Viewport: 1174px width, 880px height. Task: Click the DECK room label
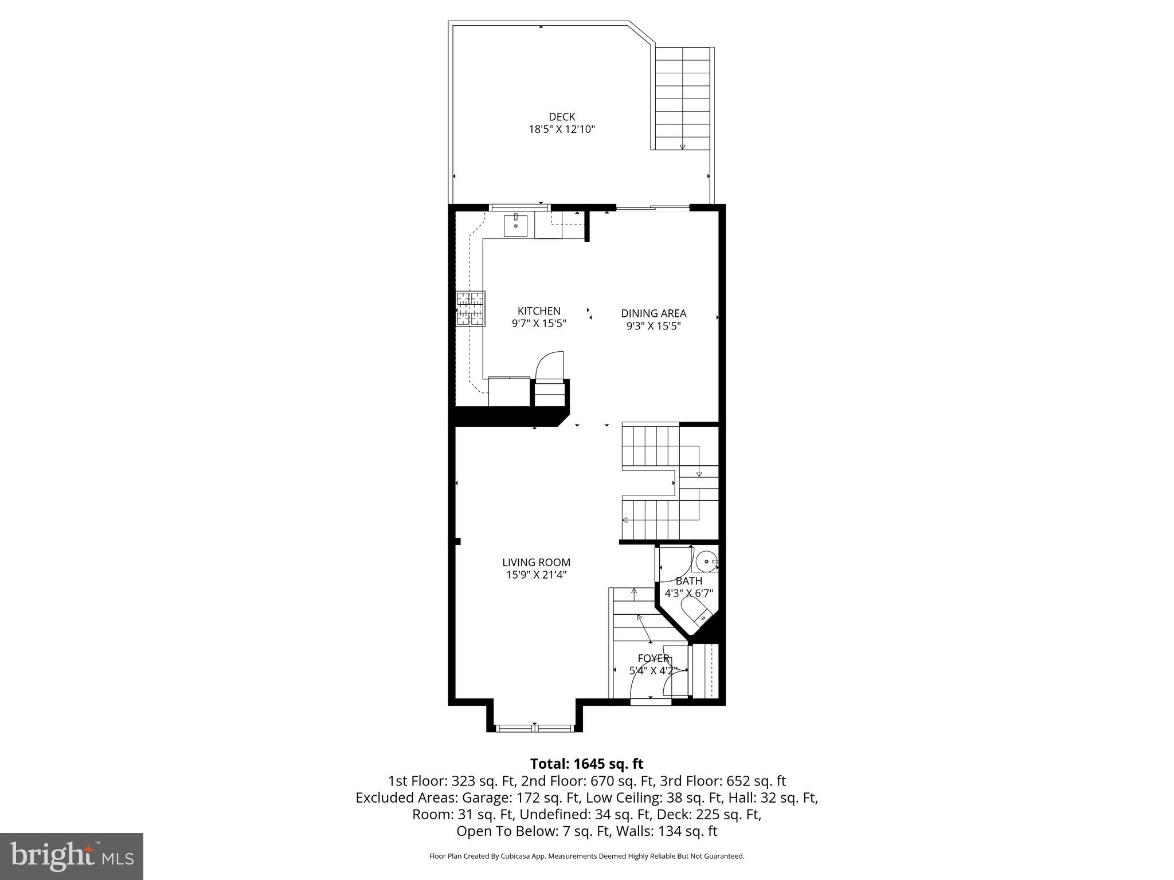(561, 117)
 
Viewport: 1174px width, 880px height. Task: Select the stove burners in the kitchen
(470, 309)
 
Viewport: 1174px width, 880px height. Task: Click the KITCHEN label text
(539, 311)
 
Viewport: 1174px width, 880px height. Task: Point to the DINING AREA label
(653, 313)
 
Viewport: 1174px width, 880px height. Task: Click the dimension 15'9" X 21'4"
(536, 575)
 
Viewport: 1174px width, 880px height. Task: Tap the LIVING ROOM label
(536, 563)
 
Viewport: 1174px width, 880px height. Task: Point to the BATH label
(688, 581)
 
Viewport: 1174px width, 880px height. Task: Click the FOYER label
(653, 658)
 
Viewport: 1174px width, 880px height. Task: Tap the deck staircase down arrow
(682, 146)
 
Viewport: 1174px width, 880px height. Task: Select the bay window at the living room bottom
(534, 728)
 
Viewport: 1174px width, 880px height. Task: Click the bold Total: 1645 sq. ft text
(586, 764)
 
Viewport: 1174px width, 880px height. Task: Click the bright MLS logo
(72, 856)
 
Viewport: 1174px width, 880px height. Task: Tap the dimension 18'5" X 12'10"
(561, 129)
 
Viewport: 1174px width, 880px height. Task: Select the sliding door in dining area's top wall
(652, 208)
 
